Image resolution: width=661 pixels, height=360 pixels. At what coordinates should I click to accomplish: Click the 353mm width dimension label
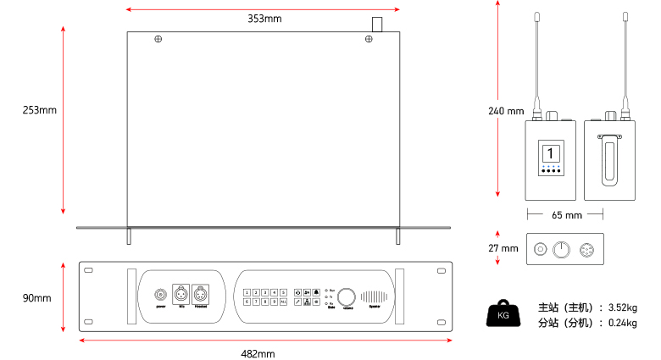(x=264, y=18)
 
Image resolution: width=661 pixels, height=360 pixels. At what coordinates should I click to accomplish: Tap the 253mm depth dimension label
(x=40, y=110)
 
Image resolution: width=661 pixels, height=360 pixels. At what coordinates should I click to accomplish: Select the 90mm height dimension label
(x=36, y=298)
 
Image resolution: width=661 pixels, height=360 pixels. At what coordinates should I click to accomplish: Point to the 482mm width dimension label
(x=258, y=352)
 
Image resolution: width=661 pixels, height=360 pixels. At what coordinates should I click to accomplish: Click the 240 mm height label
(x=507, y=110)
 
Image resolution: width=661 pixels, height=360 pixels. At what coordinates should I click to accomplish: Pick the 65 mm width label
(x=566, y=215)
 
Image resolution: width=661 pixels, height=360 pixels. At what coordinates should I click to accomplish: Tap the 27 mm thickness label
(x=503, y=248)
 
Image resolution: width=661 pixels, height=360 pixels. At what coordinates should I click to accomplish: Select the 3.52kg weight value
(x=623, y=307)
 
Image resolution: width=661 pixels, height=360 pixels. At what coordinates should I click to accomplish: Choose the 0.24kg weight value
(x=623, y=323)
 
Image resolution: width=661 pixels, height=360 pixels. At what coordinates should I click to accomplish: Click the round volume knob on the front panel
(x=347, y=297)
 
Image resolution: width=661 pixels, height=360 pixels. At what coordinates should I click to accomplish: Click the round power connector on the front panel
(x=160, y=295)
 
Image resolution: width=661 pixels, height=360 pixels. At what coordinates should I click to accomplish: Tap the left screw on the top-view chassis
(x=158, y=39)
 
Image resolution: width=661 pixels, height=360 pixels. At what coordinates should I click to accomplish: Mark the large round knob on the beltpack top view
(x=560, y=249)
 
